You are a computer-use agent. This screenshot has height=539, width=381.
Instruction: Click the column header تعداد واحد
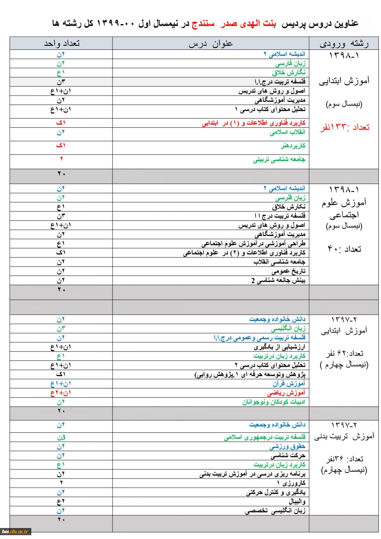click(x=62, y=44)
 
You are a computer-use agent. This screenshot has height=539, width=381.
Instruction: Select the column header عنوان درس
click(x=210, y=44)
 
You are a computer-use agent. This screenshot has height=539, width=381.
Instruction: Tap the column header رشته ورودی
click(x=344, y=44)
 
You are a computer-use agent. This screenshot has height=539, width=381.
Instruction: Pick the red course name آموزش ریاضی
click(x=289, y=393)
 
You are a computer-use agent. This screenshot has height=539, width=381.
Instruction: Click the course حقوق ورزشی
click(x=287, y=447)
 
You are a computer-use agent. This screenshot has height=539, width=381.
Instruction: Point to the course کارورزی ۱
click(x=291, y=483)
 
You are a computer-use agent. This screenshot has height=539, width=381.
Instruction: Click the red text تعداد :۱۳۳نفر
click(x=344, y=127)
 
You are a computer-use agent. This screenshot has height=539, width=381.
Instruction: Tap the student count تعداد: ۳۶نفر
click(x=344, y=459)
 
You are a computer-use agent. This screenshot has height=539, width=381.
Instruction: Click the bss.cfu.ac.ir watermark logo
click(x=15, y=531)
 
